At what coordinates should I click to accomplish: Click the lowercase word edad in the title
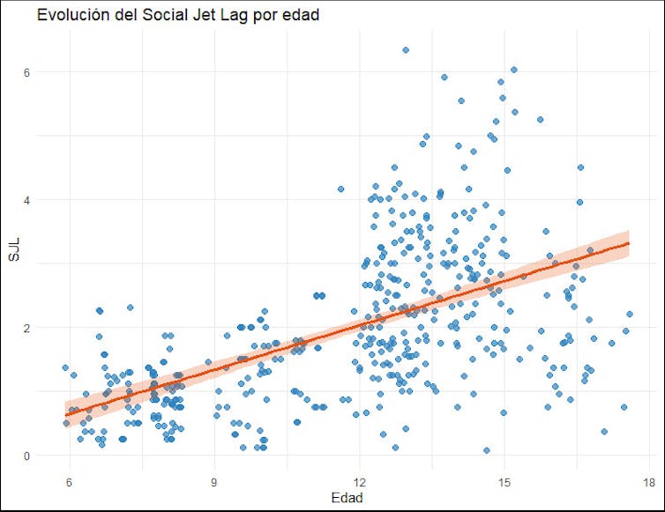click(301, 15)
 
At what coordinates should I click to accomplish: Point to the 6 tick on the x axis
click(69, 482)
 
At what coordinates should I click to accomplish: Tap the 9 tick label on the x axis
click(214, 482)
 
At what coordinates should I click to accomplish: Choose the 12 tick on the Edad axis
click(359, 482)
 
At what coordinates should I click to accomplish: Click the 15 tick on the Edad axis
click(504, 482)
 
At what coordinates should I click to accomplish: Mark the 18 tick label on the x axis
click(648, 482)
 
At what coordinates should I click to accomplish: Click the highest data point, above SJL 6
click(405, 50)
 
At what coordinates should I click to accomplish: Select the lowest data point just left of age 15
click(486, 450)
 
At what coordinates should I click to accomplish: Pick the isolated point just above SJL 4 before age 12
click(341, 189)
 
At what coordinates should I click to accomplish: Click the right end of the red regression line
click(629, 242)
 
